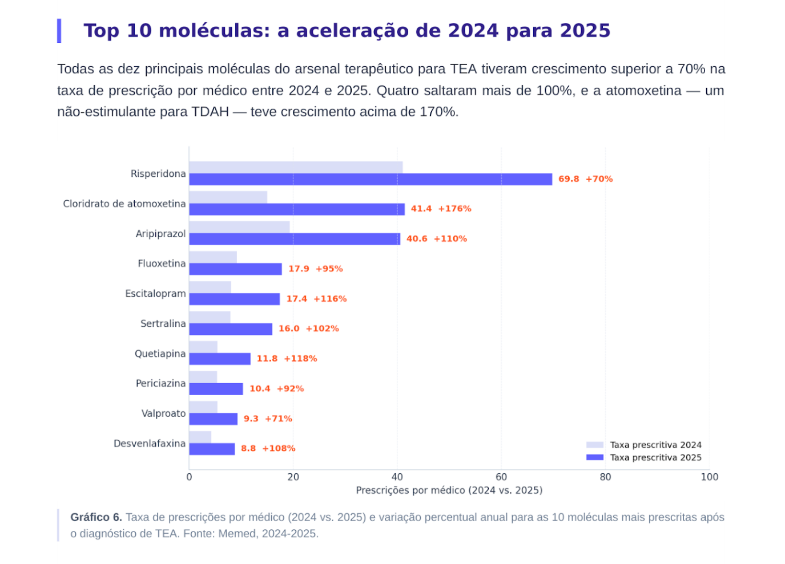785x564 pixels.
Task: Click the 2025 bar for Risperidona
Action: [x=371, y=179]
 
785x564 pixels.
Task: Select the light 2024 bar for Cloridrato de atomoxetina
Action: [x=228, y=197]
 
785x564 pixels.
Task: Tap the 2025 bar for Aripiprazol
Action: [x=295, y=239]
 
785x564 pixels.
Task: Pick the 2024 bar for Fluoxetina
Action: [x=213, y=257]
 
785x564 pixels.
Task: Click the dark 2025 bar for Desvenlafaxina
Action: [x=212, y=449]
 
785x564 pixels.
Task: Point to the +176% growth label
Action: [x=454, y=209]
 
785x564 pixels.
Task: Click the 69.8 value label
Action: [x=569, y=179]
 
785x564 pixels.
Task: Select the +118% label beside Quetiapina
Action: [x=300, y=359]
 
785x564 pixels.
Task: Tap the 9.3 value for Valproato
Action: [x=251, y=419]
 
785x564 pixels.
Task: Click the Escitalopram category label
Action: [x=156, y=293]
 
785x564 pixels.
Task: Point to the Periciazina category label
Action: [x=161, y=383]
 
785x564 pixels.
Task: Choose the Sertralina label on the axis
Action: [x=163, y=323]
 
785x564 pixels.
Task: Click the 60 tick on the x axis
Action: [x=501, y=477]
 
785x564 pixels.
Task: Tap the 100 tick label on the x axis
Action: [x=709, y=477]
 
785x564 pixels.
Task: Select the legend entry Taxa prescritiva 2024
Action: [x=644, y=445]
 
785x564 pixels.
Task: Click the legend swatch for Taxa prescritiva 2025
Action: [x=595, y=457]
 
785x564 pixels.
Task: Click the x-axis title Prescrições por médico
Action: [x=449, y=490]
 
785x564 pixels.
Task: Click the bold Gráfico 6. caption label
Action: [x=96, y=517]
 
